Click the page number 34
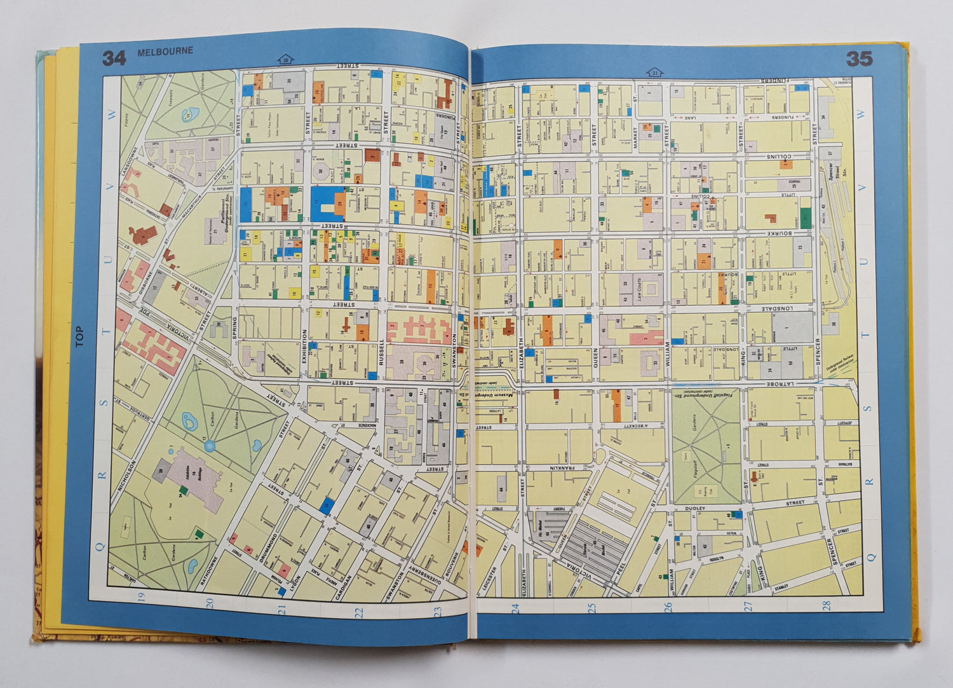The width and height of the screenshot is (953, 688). (x=114, y=58)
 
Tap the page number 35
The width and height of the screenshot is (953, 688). (x=858, y=59)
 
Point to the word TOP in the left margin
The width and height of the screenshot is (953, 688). (x=79, y=336)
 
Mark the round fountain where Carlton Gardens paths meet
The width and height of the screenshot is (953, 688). (x=210, y=445)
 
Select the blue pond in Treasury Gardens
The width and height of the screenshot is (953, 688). (x=189, y=115)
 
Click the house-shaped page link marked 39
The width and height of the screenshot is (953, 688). (x=285, y=60)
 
